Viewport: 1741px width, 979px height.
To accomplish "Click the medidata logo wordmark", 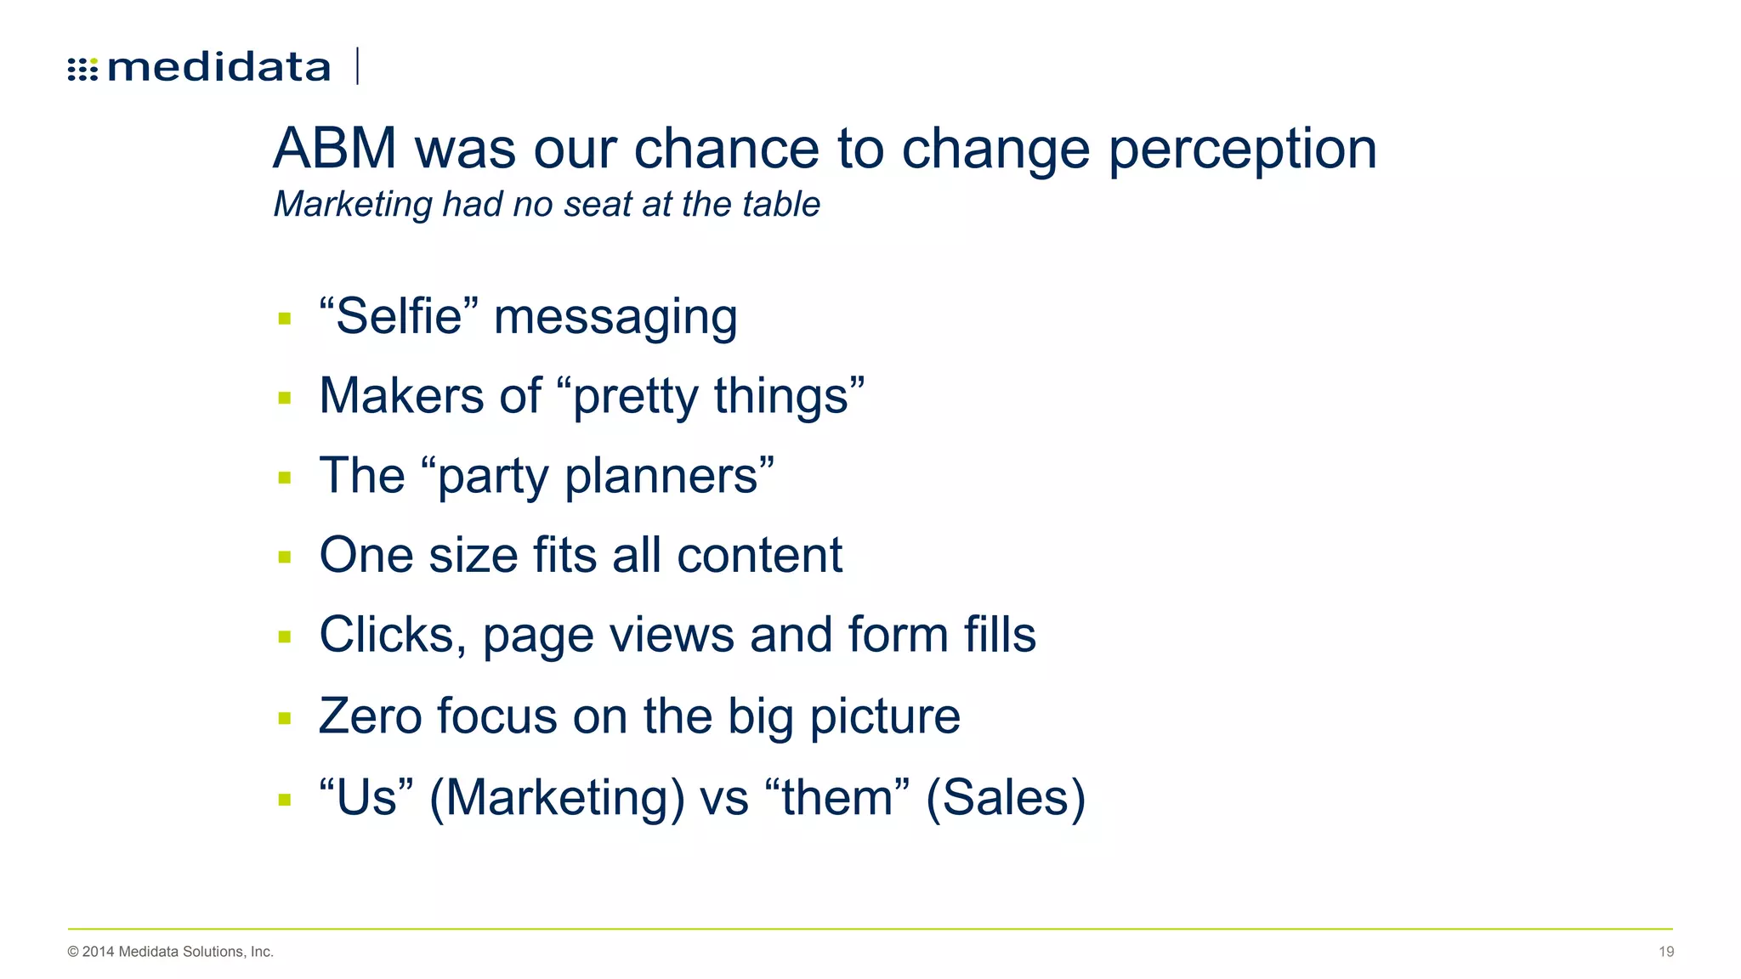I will pyautogui.click(x=218, y=67).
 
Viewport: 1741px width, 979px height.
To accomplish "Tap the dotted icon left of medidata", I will pyautogui.click(x=82, y=69).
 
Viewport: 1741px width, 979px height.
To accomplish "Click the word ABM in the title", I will pyautogui.click(x=335, y=149).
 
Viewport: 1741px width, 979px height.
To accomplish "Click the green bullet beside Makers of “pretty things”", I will pyautogui.click(x=285, y=398).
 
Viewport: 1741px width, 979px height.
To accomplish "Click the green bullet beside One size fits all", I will pyautogui.click(x=285, y=557).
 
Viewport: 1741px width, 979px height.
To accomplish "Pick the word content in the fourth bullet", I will pyautogui.click(x=759, y=556).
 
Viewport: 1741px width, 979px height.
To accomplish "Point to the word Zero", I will pyautogui.click(x=370, y=716).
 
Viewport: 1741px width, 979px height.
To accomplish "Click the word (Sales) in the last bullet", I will pyautogui.click(x=1006, y=798).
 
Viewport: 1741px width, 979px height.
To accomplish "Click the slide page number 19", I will pyautogui.click(x=1665, y=952).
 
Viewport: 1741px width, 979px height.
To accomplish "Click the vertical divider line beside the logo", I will pyautogui.click(x=358, y=66).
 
